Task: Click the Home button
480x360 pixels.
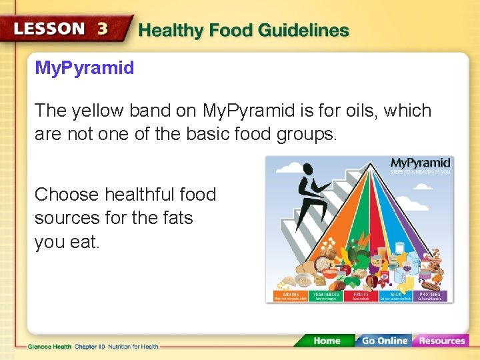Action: [326, 341]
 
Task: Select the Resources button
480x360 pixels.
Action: [441, 341]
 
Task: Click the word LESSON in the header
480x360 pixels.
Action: [49, 29]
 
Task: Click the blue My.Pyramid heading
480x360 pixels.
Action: [84, 68]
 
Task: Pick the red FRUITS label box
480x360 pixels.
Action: [361, 296]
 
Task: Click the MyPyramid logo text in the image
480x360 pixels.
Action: [420, 163]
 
